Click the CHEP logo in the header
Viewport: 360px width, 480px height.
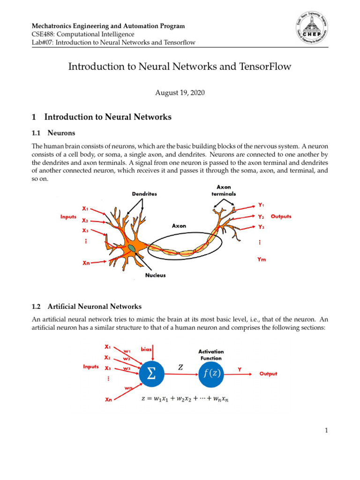(x=309, y=33)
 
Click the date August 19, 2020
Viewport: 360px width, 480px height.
(x=180, y=93)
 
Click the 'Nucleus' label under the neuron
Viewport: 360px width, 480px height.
(x=155, y=275)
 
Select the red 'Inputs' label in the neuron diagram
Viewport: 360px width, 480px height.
(x=69, y=217)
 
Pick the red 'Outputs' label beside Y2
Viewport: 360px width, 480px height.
(x=281, y=217)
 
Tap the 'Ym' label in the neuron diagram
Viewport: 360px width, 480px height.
(x=262, y=259)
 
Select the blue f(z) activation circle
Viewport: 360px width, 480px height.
(x=211, y=374)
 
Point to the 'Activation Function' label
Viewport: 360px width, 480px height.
(x=211, y=354)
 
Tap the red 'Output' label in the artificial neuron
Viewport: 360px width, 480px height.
(x=269, y=374)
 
